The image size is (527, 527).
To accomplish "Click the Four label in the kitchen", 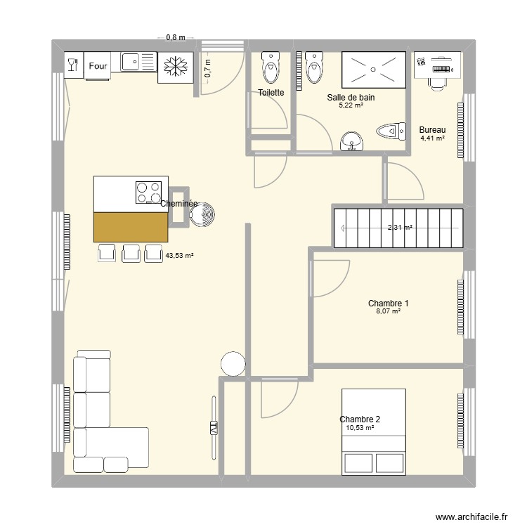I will click(98, 66).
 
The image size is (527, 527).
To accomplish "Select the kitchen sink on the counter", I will click(131, 63).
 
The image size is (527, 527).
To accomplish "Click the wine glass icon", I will click(72, 65).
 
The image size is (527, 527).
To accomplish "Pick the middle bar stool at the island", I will click(131, 253).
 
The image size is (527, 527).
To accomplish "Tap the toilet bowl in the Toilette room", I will click(270, 67).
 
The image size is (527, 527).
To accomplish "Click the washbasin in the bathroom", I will click(351, 142).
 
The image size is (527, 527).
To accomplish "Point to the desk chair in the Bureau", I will click(437, 82).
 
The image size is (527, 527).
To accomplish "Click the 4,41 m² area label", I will click(432, 138).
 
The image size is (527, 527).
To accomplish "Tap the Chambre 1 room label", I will click(388, 304).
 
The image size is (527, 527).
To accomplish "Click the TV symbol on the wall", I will click(214, 427).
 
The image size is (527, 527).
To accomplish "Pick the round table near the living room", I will click(233, 364).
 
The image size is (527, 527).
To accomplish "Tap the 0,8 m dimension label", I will click(175, 38).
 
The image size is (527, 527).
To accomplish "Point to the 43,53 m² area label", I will click(179, 256).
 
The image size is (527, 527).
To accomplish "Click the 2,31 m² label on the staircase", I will click(400, 228).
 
